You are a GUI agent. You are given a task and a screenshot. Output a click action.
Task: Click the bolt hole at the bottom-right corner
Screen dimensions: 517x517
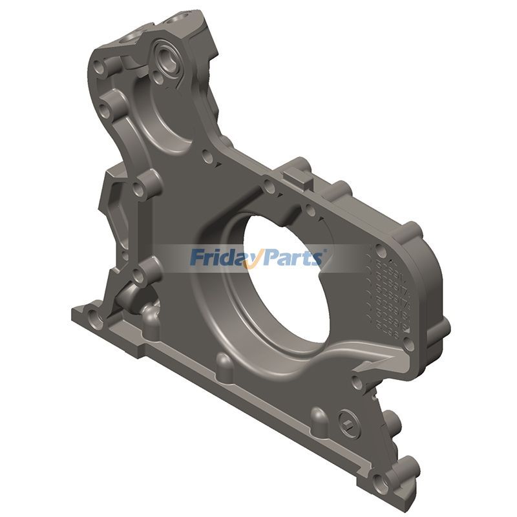tap(387, 481)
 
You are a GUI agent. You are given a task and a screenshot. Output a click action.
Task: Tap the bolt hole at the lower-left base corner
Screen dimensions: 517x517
tap(93, 317)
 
